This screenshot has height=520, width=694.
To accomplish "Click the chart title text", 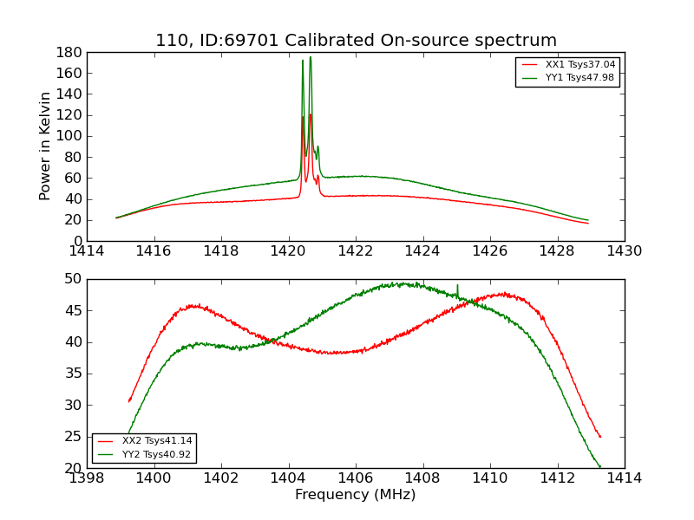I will pyautogui.click(x=356, y=41).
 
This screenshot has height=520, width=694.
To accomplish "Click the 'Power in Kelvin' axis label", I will pyautogui.click(x=46, y=146).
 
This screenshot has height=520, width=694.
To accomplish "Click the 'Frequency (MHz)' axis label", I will pyautogui.click(x=356, y=495).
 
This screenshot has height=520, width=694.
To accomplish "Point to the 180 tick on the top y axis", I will pyautogui.click(x=69, y=52).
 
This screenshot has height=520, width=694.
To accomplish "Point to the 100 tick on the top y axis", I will pyautogui.click(x=69, y=136).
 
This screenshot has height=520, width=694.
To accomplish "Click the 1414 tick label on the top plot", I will pyautogui.click(x=87, y=251).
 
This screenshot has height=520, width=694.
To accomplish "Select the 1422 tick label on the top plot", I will pyautogui.click(x=356, y=251).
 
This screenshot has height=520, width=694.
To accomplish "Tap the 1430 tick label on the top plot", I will pyautogui.click(x=625, y=251).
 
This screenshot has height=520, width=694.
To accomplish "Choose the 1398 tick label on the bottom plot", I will pyautogui.click(x=87, y=478).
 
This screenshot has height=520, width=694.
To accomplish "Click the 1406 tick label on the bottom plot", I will pyautogui.click(x=356, y=478).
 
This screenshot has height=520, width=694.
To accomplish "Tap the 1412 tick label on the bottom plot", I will pyautogui.click(x=557, y=478).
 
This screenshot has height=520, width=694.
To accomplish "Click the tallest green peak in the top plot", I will pyautogui.click(x=311, y=58).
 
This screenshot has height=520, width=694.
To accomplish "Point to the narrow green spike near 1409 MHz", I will pyautogui.click(x=457, y=286).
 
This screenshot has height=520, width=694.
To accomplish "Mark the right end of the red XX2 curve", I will pyautogui.click(x=600, y=437).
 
